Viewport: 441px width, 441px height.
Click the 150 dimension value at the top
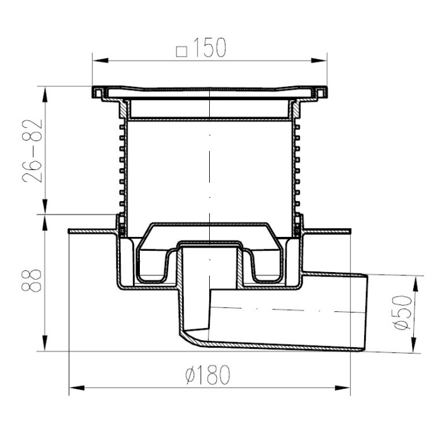(x=210, y=47)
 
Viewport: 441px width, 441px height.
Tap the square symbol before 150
(x=181, y=52)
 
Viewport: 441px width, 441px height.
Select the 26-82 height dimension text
(x=32, y=151)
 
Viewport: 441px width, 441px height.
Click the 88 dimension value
(x=31, y=281)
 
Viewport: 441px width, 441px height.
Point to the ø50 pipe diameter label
(x=403, y=312)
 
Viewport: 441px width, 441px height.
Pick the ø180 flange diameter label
(x=208, y=375)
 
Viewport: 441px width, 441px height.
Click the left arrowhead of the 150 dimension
(x=100, y=60)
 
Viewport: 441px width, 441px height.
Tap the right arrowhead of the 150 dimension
(x=319, y=60)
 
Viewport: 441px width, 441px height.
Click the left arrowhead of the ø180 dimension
(x=77, y=388)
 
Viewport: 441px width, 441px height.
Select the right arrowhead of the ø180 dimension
(x=342, y=388)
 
